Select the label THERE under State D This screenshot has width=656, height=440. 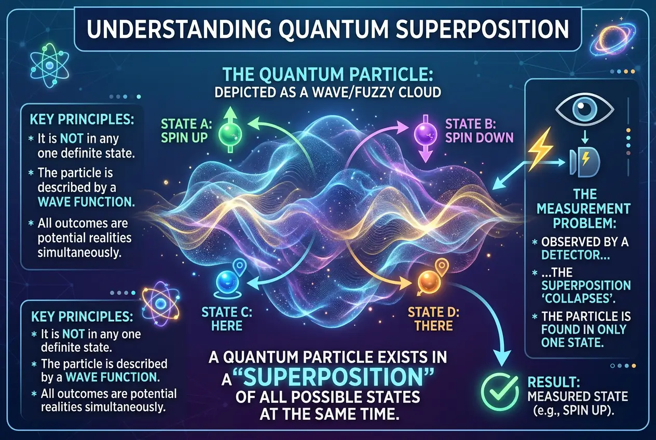tap(433, 325)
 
